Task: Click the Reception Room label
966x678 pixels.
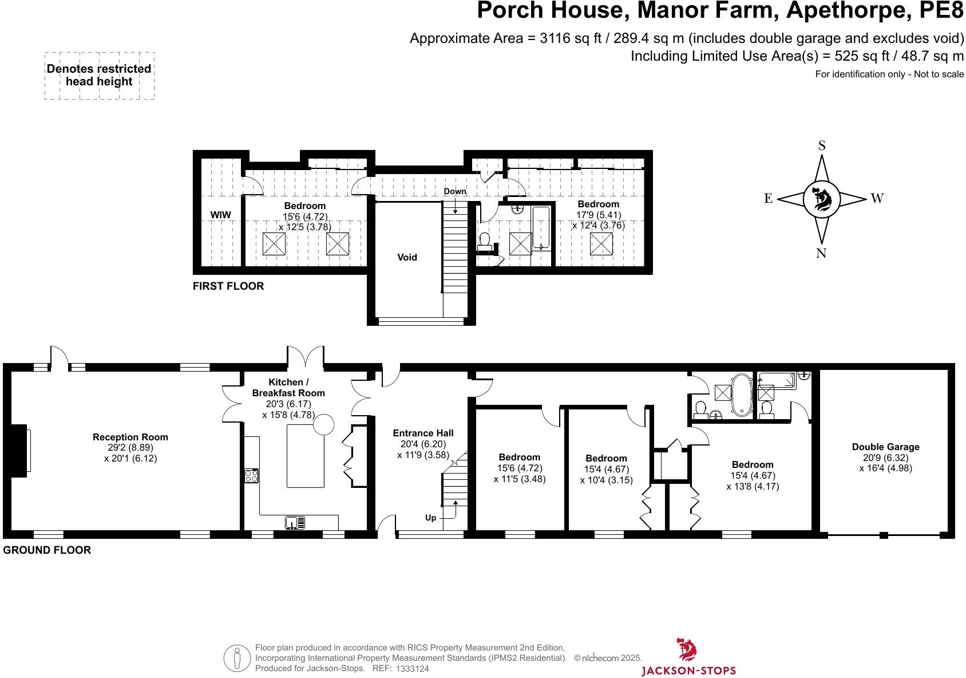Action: [x=130, y=437]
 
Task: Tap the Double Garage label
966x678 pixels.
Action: [x=885, y=447]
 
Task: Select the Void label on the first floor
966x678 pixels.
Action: [x=407, y=257]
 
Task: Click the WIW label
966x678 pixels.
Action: [x=221, y=215]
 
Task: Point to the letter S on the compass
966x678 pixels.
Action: [x=822, y=145]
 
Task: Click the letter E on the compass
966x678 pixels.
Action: [x=768, y=199]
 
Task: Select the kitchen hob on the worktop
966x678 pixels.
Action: [x=251, y=475]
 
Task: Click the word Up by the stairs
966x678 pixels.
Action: [x=430, y=518]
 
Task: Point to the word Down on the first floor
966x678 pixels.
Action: [x=455, y=191]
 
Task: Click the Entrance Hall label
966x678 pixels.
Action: [x=423, y=433]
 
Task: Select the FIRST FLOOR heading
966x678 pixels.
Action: [x=228, y=286]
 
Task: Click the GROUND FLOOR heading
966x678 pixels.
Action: [x=47, y=550]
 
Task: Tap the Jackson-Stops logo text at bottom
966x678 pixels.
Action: [x=688, y=670]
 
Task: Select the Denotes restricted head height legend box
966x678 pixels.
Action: [x=99, y=76]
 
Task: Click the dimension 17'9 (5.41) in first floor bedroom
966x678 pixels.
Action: [x=598, y=215]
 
